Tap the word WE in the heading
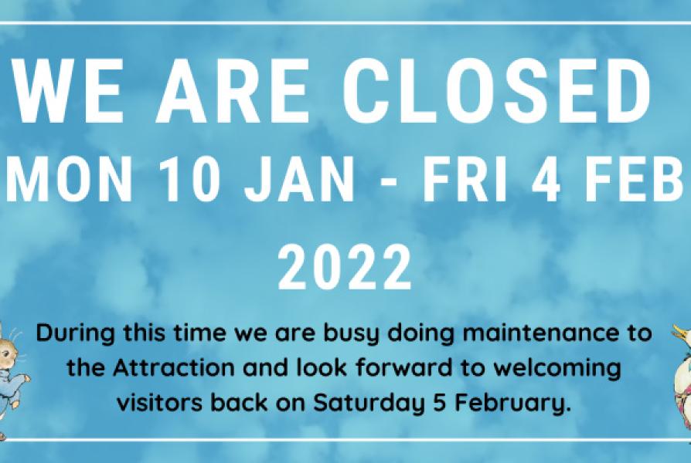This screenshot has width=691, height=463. pos(68,90)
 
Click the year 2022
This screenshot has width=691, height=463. pos(345,267)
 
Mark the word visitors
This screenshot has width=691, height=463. pos(161,402)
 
